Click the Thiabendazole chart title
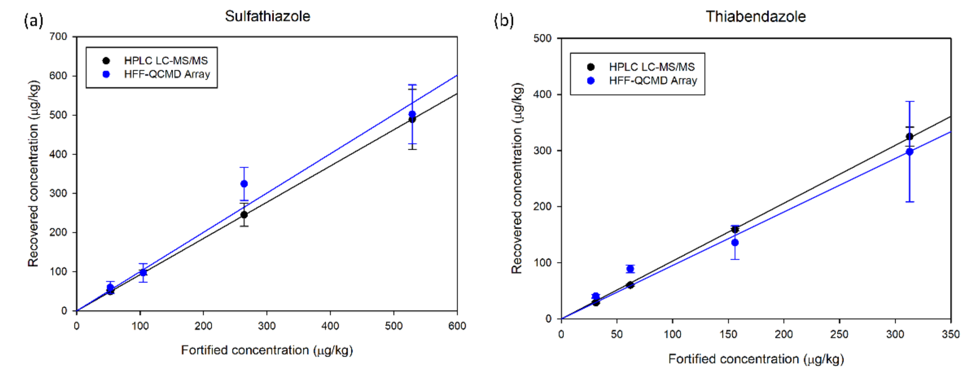(x=756, y=17)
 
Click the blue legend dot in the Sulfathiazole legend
(x=106, y=74)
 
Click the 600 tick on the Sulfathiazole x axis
(x=457, y=326)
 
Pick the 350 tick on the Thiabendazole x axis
(x=950, y=334)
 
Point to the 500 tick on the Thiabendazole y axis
(x=542, y=38)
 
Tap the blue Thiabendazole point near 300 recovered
(x=910, y=152)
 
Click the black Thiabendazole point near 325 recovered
(x=910, y=136)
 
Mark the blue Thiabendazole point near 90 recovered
(x=630, y=268)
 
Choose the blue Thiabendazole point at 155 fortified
(x=735, y=243)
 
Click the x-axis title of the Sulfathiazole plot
(x=267, y=350)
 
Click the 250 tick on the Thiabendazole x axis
(x=839, y=334)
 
